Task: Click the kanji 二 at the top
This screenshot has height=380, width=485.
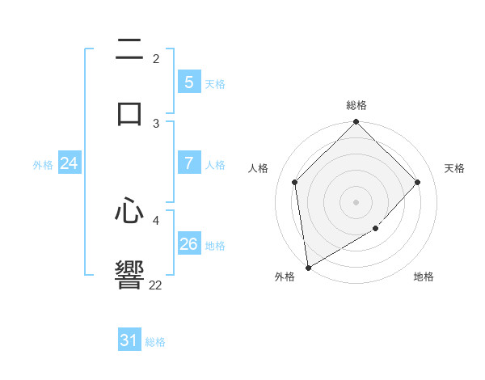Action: coord(130,50)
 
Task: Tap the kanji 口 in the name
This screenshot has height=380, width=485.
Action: coord(130,112)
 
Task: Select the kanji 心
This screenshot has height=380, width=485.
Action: coord(130,212)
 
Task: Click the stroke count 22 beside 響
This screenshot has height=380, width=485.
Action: coord(156,285)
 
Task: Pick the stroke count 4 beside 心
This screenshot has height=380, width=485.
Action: coord(156,219)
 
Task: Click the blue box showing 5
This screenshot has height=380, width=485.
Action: coord(188,82)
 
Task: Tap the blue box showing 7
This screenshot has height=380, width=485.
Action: coord(188,163)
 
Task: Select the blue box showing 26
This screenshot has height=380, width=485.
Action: coord(188,244)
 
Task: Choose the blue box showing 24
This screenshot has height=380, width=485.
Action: coord(69,164)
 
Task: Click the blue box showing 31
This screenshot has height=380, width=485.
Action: coord(129,341)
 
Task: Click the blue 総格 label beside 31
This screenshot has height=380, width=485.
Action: coord(155,342)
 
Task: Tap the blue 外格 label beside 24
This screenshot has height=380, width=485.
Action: coord(43,165)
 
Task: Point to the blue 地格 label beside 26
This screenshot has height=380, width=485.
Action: coord(215,246)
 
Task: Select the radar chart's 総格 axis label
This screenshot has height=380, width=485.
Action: coord(356,105)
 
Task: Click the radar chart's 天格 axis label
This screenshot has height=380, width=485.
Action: coord(454,168)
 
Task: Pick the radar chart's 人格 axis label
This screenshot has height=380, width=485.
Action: coord(259,168)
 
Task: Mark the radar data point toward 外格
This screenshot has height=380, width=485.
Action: coord(308,268)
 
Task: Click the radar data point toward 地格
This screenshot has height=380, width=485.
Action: coord(376,229)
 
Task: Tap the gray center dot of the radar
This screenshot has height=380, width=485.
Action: coord(356,202)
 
